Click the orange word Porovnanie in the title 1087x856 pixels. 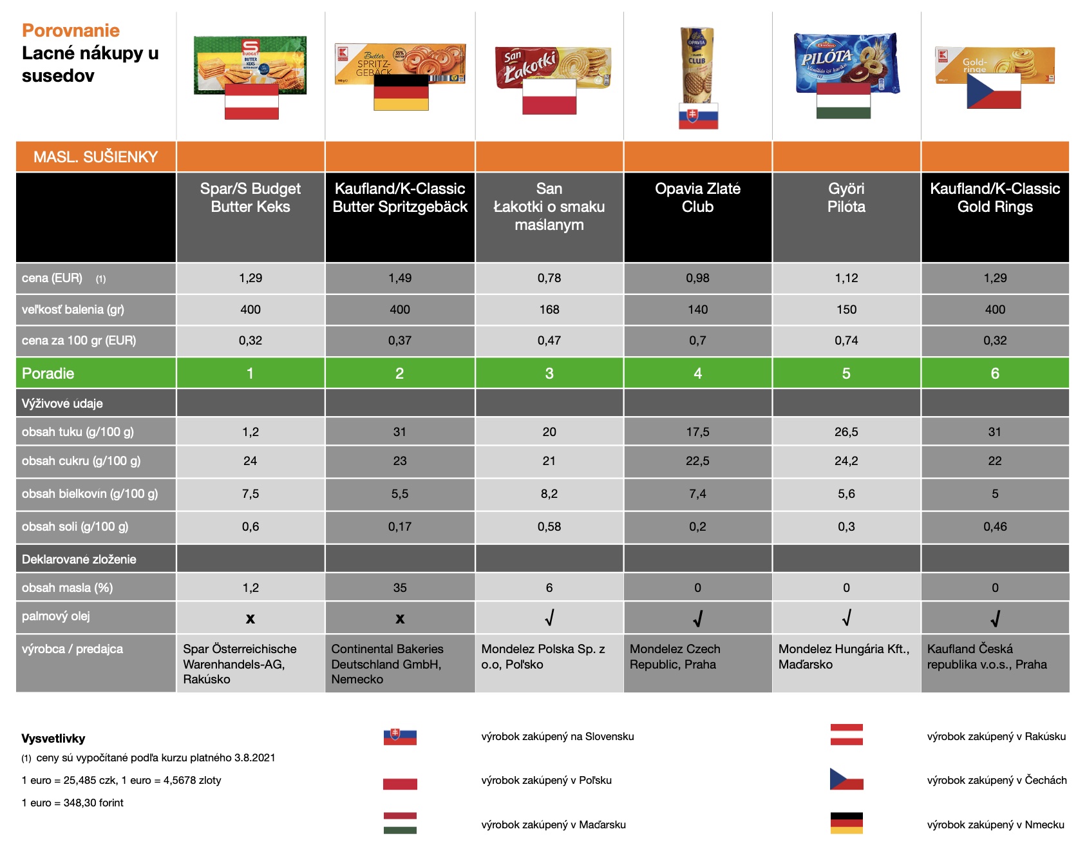coord(71,30)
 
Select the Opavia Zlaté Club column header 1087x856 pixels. coord(697,198)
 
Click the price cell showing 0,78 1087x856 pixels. coord(549,278)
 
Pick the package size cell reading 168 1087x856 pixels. coord(549,310)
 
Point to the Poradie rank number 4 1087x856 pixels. coord(697,374)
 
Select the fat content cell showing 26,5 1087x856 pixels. coord(846,432)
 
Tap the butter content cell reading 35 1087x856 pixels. coord(400,588)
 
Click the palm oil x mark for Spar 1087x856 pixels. coord(250,619)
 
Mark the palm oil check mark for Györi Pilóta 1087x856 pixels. coord(846,618)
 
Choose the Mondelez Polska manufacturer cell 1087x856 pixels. coord(549,657)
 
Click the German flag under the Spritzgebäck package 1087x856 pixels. coord(401,93)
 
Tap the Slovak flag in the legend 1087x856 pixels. coord(400,737)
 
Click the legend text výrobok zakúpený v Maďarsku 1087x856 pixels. coord(553,825)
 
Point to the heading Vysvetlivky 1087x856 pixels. coord(53,739)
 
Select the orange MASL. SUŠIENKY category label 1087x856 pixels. coord(95,157)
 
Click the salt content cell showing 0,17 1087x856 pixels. coord(400,527)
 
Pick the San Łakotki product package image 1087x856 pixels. coord(553,66)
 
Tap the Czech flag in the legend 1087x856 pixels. coord(846,779)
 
